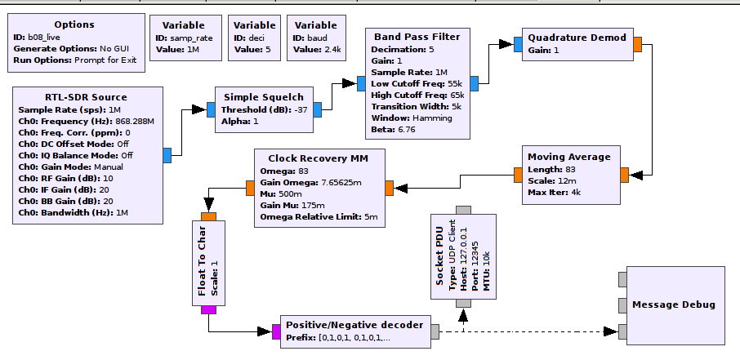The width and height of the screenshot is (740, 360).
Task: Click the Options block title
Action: [x=74, y=25]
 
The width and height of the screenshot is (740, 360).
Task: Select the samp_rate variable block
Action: [x=189, y=38]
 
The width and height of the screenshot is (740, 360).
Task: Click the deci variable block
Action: [x=252, y=38]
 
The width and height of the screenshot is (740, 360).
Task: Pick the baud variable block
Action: [x=315, y=38]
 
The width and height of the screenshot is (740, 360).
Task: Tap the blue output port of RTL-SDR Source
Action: [x=167, y=155]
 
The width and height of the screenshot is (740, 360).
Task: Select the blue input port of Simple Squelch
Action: [x=210, y=109]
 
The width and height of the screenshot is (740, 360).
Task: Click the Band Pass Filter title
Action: [x=417, y=37]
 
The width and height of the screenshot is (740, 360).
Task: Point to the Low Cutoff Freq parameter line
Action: [x=417, y=83]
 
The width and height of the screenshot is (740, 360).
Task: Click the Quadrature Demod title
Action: [x=577, y=38]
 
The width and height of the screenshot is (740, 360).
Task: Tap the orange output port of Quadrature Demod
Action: [x=637, y=44]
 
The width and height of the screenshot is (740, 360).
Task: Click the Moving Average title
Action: [x=568, y=157]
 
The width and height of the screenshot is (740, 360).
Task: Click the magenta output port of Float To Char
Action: [x=208, y=309]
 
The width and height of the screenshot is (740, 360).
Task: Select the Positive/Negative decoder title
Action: [x=354, y=324]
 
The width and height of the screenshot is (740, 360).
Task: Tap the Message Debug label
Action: [x=673, y=304]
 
